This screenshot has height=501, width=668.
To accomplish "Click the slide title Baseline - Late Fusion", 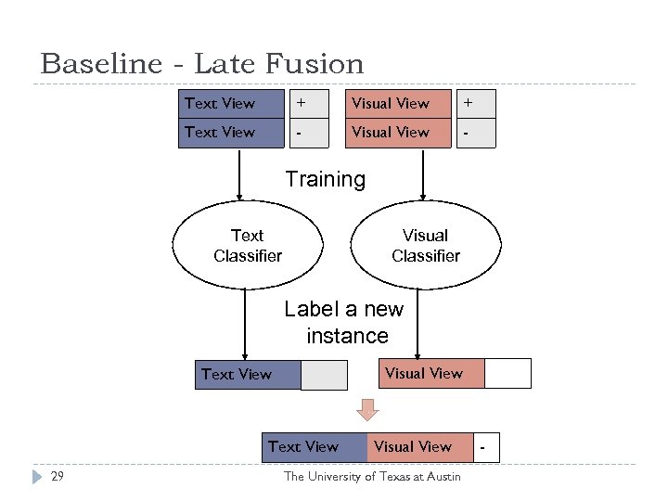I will [202, 64].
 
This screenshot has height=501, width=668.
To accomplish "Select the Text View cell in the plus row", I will [230, 103].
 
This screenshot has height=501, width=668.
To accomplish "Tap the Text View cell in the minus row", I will [230, 133].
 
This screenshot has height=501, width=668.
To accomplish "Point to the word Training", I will [325, 178].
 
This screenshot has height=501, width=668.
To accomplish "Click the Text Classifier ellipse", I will [248, 246].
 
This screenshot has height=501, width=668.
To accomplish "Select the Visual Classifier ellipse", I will [426, 246].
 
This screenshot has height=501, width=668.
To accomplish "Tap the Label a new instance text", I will [344, 322].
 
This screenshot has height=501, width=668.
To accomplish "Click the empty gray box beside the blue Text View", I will [324, 375].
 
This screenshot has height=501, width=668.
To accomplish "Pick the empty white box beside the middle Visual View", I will [507, 373].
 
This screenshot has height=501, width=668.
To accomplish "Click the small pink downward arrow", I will [368, 409].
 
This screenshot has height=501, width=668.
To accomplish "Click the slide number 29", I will [58, 476].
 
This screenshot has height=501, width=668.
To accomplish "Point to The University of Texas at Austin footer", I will [371, 476].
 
